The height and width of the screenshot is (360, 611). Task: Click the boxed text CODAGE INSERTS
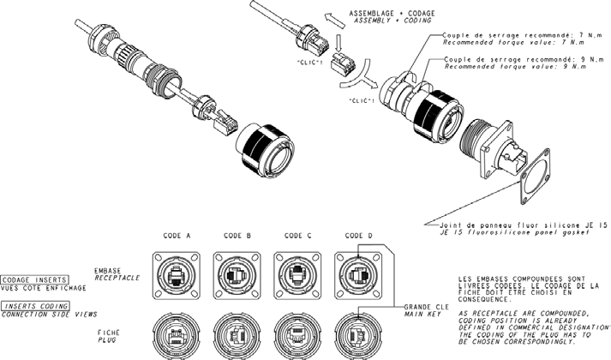point(30,279)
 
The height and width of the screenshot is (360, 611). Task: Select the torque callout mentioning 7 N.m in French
point(514,35)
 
